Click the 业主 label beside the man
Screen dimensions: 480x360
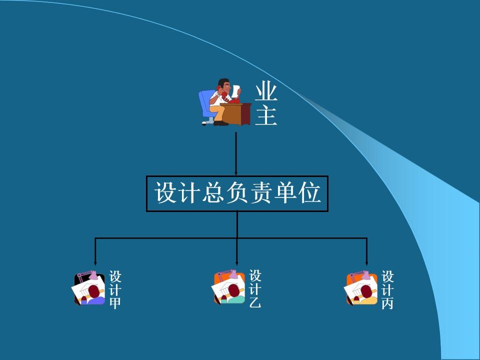266,104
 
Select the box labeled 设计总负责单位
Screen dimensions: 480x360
237,193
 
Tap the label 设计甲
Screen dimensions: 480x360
115,290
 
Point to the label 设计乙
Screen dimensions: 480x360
255,289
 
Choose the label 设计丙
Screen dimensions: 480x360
387,290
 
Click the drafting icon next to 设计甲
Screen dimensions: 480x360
90,288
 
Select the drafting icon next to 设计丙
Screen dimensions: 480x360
362,288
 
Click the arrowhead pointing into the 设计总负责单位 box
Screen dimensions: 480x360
236,172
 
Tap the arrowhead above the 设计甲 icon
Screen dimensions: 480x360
95,261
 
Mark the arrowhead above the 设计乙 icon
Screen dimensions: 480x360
237,261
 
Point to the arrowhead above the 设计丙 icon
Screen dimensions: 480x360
367,261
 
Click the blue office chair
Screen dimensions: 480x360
206,105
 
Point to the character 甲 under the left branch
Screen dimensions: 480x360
115,303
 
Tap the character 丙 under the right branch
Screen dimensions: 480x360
387,303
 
